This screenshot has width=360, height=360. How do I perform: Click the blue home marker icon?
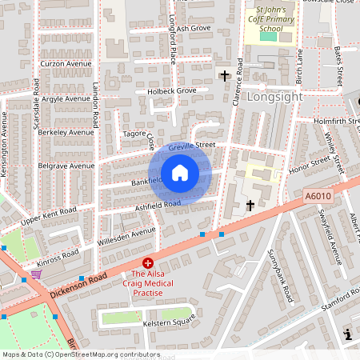(180, 173)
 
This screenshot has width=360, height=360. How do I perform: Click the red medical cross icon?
(147, 262)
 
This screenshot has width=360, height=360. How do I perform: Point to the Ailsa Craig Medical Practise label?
(147, 283)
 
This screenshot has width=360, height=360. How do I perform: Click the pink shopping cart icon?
(36, 274)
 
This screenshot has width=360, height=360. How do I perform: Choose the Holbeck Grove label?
(171, 91)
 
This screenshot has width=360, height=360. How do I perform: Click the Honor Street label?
(309, 164)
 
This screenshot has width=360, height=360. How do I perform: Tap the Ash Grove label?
(192, 28)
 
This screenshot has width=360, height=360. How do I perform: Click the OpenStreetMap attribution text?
(81, 354)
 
